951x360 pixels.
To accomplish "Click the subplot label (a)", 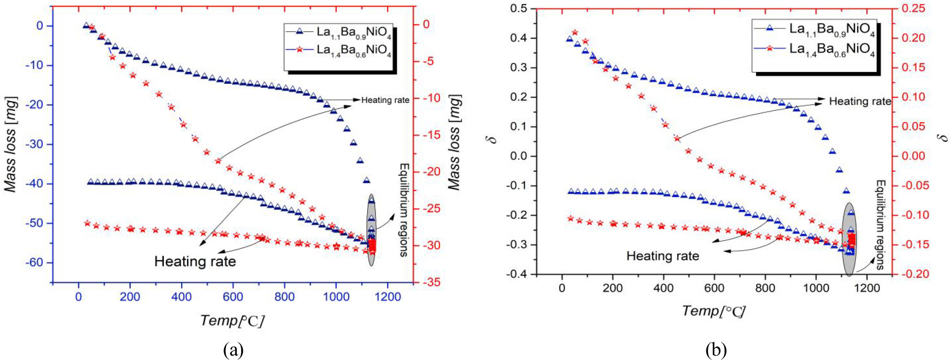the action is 233,350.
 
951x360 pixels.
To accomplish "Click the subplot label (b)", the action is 716,350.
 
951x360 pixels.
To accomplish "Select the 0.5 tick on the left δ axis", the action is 518,8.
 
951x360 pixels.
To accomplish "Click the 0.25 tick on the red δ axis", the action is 913,8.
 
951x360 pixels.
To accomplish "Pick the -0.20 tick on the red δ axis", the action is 911,274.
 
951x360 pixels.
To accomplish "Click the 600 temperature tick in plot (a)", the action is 233,296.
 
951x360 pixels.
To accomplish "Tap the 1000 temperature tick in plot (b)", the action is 816,288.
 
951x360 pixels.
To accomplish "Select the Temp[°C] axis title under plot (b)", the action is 713,311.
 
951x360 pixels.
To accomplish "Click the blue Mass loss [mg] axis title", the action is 11,144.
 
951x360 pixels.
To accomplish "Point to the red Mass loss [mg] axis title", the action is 455,142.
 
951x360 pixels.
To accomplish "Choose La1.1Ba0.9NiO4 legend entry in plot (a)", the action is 338,33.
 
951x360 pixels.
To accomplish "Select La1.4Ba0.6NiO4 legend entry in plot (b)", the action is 815,49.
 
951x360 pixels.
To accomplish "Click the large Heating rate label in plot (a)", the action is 195,261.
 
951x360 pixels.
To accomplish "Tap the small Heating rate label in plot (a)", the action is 385,100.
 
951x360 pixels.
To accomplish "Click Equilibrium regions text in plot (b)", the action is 880,225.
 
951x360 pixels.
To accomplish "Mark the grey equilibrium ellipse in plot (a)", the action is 371,230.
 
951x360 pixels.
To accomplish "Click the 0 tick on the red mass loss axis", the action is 426,24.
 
